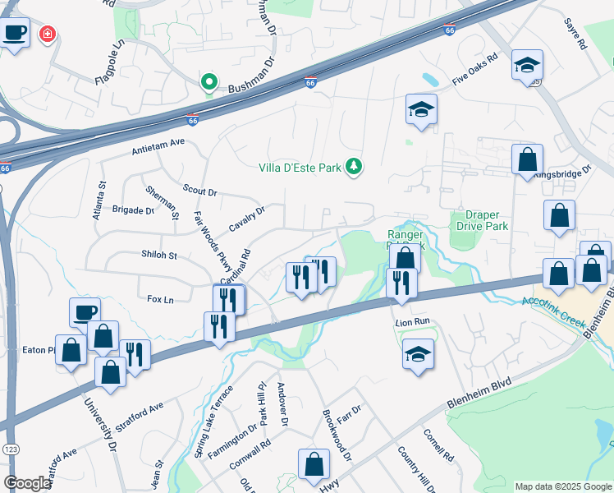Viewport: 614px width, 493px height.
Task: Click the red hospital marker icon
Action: (x=48, y=35)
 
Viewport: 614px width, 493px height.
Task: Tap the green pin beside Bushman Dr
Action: (x=209, y=82)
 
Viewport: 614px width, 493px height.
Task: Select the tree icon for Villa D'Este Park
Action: (x=354, y=167)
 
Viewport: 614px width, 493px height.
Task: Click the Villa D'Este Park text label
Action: (x=300, y=168)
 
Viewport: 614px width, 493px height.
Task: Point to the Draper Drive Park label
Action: (x=480, y=220)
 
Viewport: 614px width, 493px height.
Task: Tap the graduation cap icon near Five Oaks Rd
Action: (x=526, y=64)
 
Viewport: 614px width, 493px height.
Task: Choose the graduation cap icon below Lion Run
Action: (x=418, y=354)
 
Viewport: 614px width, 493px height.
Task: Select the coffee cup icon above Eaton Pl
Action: (x=85, y=311)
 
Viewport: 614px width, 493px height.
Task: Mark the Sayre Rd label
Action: (x=577, y=34)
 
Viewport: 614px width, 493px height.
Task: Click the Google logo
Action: (x=27, y=483)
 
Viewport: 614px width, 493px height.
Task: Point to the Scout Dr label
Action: (x=199, y=191)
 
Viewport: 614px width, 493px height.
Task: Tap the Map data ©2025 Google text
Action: (x=562, y=486)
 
